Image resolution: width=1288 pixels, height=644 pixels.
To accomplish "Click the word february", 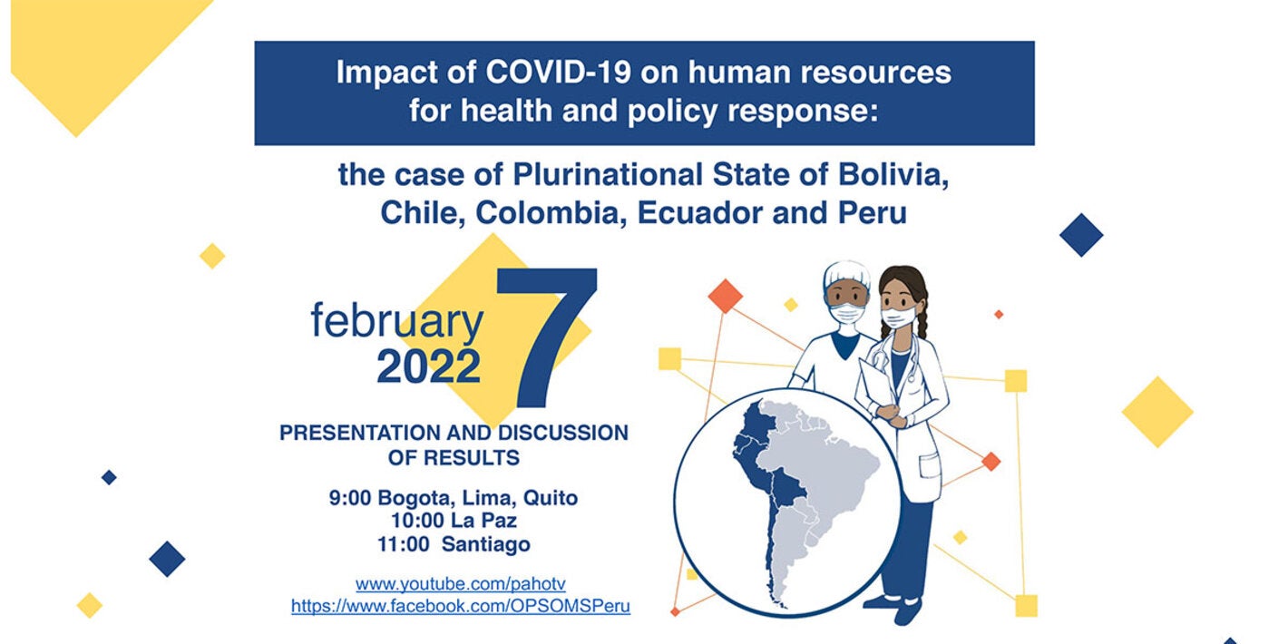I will pos(396,321).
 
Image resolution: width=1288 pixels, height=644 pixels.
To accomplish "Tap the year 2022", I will pos(428,367).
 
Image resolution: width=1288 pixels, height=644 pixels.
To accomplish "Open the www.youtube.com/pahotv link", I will pos(460,584).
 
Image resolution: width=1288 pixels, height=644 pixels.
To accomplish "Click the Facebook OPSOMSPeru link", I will pos(460,607).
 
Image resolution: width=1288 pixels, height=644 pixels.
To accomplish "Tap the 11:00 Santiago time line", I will pos(454,545).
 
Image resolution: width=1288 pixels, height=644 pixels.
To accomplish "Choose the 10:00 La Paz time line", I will pos(454,522).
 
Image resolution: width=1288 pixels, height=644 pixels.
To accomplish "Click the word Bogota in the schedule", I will pos(415,498).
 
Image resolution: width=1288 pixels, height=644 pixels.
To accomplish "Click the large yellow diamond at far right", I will pos(1156,411).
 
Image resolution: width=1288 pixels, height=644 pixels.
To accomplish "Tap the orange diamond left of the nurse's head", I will pos(725,296).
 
